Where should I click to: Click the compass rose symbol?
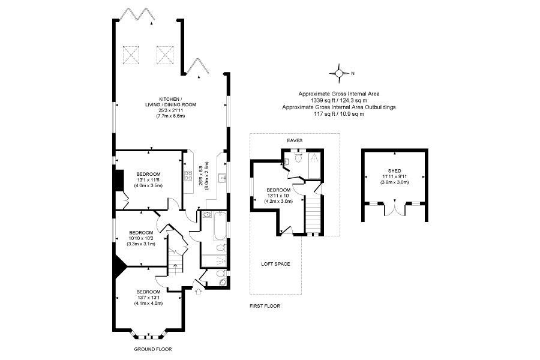[339, 73]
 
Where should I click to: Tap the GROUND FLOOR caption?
[152, 349]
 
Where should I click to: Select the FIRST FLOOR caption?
[265, 306]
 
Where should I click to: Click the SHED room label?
[394, 171]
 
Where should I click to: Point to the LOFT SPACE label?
[275, 264]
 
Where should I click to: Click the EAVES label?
[295, 140]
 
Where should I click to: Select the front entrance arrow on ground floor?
[197, 292]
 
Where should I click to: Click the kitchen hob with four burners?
[188, 176]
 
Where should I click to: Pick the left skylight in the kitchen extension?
[131, 55]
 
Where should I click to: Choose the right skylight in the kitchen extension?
[164, 55]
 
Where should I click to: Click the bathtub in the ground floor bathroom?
[220, 226]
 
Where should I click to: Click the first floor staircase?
[313, 215]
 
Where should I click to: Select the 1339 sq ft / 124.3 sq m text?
[339, 101]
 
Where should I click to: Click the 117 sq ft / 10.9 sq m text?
[339, 114]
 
